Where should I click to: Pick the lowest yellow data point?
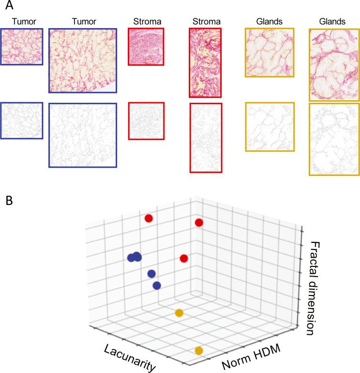[198, 351]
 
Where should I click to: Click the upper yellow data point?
[179, 313]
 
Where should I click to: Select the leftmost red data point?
[149, 218]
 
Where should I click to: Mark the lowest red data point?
[184, 258]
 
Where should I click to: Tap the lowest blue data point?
[156, 286]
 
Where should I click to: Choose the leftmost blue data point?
[131, 257]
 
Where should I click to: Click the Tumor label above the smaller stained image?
[22, 22]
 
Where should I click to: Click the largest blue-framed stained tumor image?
[82, 60]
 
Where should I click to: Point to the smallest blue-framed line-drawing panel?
[22, 120]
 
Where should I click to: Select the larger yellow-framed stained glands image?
[334, 64]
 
